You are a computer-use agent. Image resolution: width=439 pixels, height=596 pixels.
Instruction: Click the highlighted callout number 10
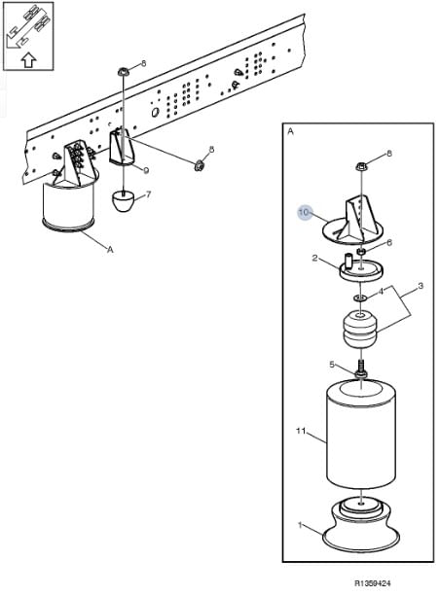(304, 212)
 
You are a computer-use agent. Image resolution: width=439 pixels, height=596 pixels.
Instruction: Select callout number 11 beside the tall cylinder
(301, 431)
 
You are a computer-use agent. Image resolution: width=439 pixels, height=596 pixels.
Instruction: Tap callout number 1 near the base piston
(300, 525)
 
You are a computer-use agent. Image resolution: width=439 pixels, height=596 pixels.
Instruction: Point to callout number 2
(314, 258)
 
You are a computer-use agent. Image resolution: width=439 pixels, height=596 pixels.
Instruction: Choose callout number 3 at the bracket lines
(421, 286)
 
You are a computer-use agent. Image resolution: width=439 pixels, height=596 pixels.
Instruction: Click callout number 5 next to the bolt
(332, 365)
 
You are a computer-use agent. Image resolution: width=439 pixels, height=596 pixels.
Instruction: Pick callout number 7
(148, 194)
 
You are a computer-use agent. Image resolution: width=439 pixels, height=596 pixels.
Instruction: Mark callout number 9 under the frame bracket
(146, 171)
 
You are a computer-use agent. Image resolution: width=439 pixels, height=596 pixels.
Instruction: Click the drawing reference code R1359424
(373, 583)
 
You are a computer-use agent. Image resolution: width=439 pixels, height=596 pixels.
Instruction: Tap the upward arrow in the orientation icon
(28, 59)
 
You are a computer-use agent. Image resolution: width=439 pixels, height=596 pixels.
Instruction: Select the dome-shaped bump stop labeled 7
(124, 201)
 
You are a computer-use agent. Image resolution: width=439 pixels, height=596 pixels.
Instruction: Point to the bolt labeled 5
(360, 368)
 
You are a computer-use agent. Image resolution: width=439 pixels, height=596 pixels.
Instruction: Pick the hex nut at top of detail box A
(360, 166)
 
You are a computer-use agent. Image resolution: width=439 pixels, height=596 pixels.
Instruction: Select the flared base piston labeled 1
(360, 526)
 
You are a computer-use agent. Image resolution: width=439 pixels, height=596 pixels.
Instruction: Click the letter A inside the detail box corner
(291, 131)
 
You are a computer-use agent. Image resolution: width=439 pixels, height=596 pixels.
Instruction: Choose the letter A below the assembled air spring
(110, 250)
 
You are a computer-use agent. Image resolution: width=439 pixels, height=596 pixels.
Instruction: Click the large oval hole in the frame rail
(155, 112)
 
